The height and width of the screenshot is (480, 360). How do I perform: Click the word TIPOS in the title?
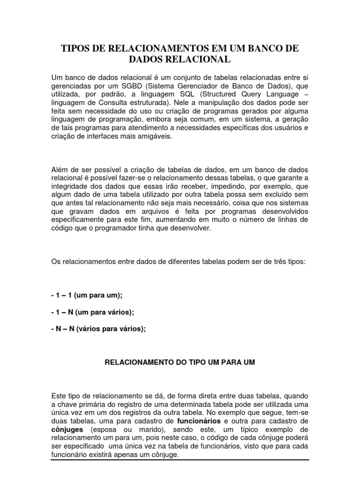point(76,48)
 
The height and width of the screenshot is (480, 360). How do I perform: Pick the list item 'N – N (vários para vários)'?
point(98,329)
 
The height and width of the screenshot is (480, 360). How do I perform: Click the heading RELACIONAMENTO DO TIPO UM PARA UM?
point(180,363)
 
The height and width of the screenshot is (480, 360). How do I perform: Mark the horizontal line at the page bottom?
point(180,460)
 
